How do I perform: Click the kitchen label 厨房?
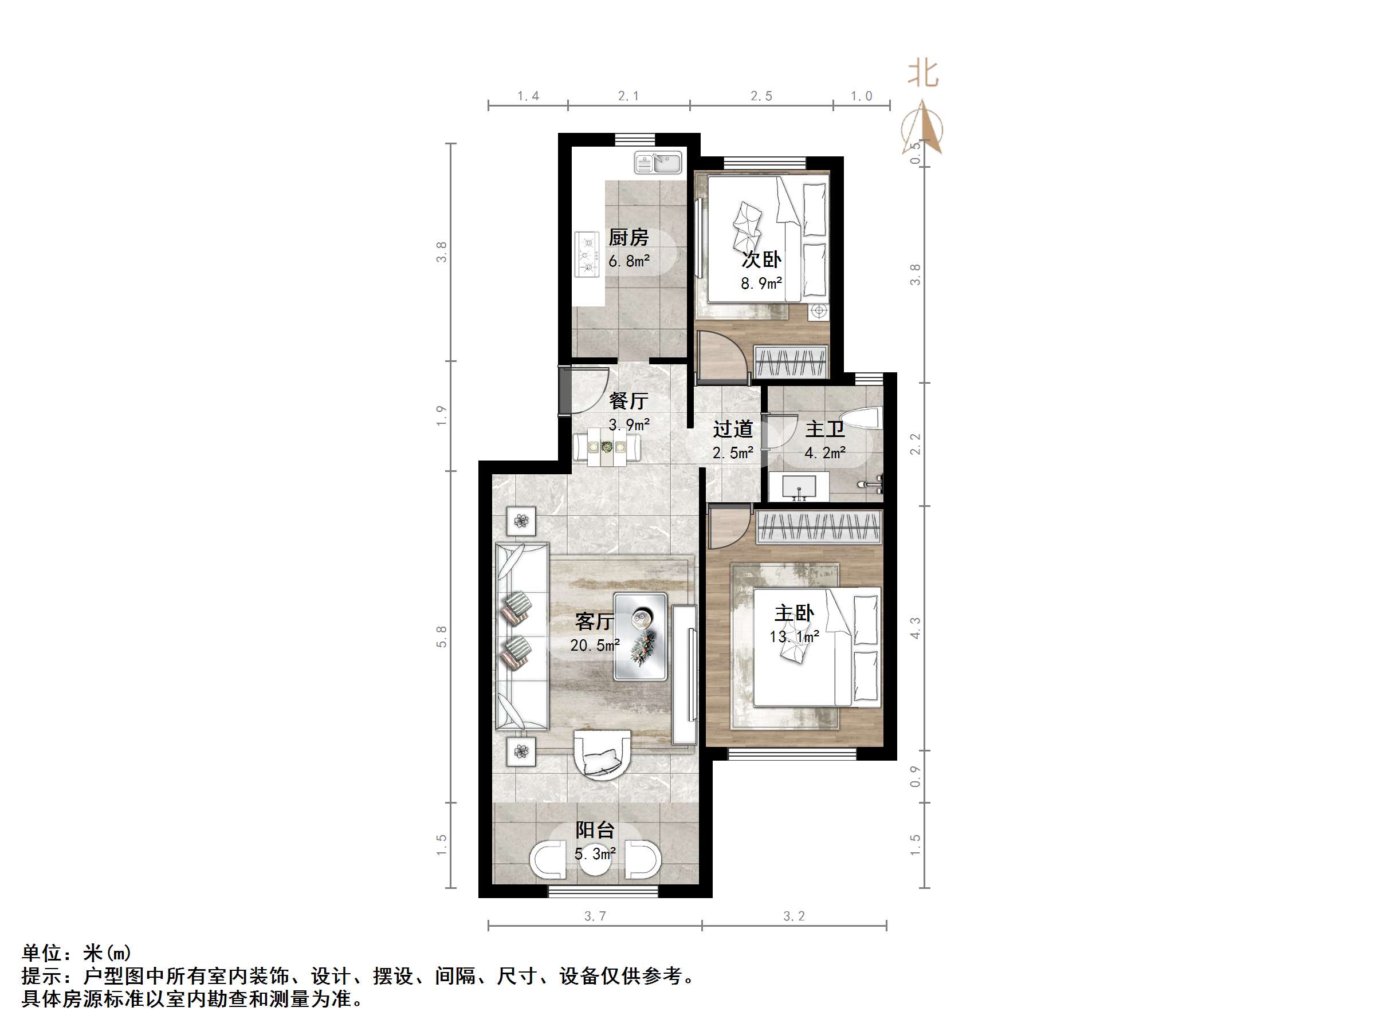(628, 237)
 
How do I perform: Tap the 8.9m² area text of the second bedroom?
(761, 284)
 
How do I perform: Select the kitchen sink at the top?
(658, 163)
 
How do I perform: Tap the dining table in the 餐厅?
(606, 447)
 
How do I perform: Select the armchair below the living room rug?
(602, 754)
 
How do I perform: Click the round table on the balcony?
(595, 861)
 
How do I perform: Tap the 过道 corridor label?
(733, 429)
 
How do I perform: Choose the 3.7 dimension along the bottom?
(595, 916)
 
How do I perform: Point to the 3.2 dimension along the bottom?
(794, 916)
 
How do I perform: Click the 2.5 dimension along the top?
(761, 96)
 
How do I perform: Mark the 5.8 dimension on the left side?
(441, 637)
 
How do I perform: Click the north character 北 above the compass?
(923, 74)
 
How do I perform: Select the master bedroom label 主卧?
(794, 613)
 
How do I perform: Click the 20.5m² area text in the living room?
(595, 646)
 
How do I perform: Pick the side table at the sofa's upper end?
(521, 521)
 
